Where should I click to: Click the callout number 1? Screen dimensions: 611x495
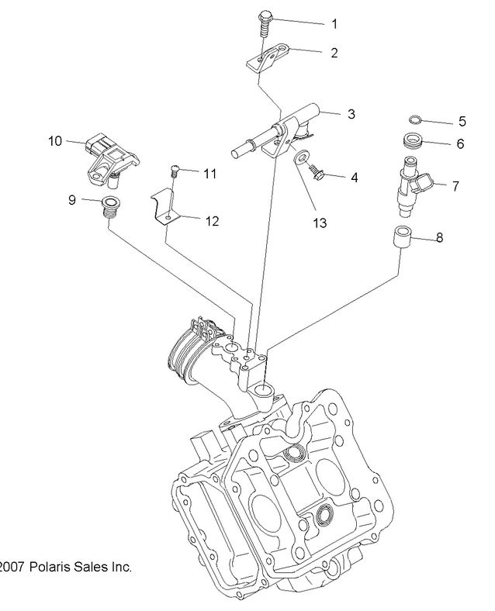pos(334,24)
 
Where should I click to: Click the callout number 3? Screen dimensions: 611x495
pos(351,115)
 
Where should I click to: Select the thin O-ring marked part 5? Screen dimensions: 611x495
pos(416,120)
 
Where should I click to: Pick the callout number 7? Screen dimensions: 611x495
pos(455,185)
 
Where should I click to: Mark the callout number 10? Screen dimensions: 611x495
pos(55,141)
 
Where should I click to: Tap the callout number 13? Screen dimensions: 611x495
pos(319,223)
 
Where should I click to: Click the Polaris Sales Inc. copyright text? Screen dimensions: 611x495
pos(65,567)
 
